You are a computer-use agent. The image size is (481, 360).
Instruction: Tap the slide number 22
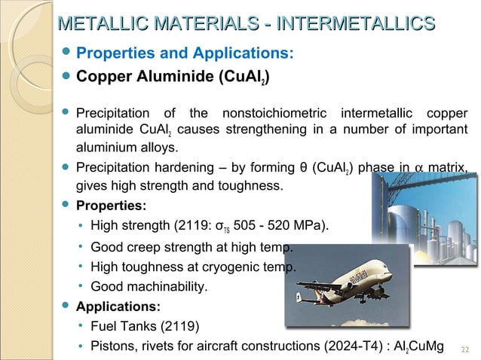[x=464, y=347]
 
